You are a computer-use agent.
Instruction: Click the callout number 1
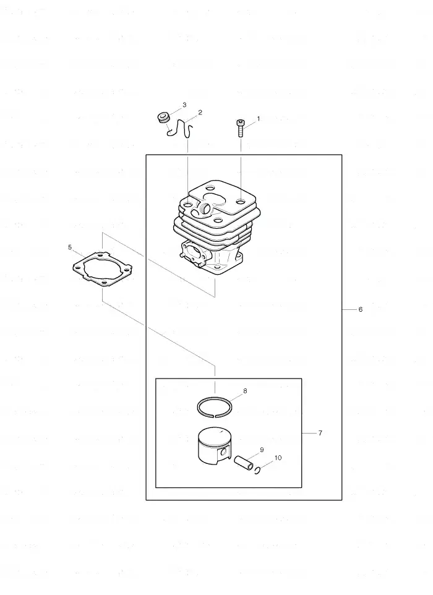pos(259,119)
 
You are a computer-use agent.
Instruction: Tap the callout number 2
pos(200,113)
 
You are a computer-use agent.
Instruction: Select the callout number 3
pos(184,105)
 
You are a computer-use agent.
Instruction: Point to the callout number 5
pos(70,247)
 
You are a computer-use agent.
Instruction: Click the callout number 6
pos(361,309)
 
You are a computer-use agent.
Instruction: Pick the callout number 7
pos(320,433)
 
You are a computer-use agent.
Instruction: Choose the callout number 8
pos(245,391)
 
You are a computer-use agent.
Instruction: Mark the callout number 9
pos(262,450)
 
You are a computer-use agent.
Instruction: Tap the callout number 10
pos(278,458)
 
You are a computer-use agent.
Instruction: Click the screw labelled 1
pos(241,129)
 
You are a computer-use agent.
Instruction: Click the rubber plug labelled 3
pos(163,118)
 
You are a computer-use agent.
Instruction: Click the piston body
pos(214,448)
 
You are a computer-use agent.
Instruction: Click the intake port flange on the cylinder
pos(194,255)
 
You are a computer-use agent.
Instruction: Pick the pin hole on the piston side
pos(224,452)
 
